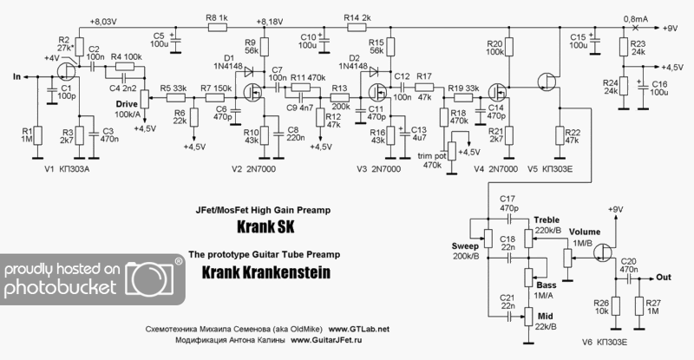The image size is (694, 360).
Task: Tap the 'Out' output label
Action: [x=665, y=278]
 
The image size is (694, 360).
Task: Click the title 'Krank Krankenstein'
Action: [x=265, y=272]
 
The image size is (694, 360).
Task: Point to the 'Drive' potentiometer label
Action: [x=127, y=104]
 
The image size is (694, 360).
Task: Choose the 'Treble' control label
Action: [x=548, y=219]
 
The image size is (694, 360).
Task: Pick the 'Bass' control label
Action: [x=547, y=285]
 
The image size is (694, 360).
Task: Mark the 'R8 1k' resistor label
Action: [x=217, y=17]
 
